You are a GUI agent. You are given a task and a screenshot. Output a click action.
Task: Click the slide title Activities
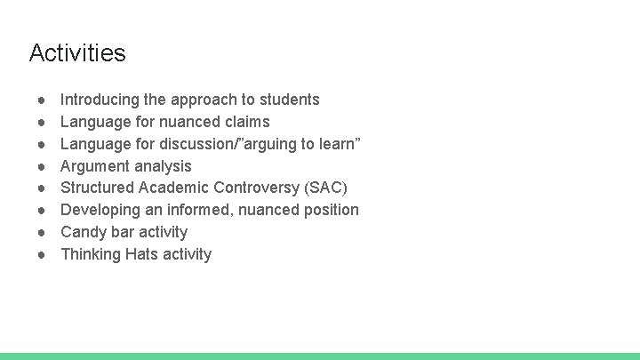tap(77, 53)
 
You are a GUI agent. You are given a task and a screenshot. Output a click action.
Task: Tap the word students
tap(289, 100)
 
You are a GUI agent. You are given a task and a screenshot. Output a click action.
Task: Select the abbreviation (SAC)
tap(325, 188)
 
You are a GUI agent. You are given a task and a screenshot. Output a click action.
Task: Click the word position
tap(328, 210)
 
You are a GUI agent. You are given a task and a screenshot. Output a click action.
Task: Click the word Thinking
tap(90, 254)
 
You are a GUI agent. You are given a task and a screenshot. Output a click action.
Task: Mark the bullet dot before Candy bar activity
tap(42, 232)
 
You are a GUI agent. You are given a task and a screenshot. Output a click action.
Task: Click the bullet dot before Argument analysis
tap(42, 166)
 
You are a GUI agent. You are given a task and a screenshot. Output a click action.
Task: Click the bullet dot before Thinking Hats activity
tap(42, 254)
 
